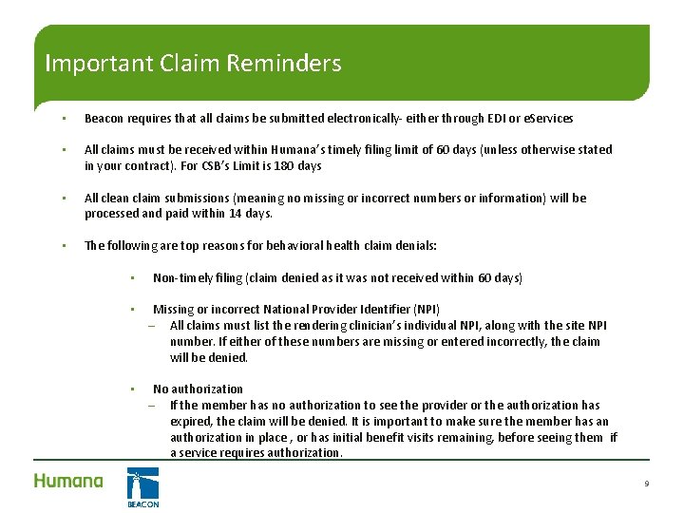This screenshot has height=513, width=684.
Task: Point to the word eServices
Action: tap(550, 119)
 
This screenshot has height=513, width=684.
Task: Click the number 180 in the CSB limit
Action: tap(284, 165)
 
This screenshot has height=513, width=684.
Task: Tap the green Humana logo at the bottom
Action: tap(68, 481)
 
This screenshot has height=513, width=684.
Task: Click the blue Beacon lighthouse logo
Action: tap(142, 486)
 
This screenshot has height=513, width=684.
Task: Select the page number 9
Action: tap(646, 484)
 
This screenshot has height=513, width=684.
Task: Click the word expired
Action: tap(191, 421)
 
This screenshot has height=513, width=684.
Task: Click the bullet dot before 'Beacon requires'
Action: tap(62, 119)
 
